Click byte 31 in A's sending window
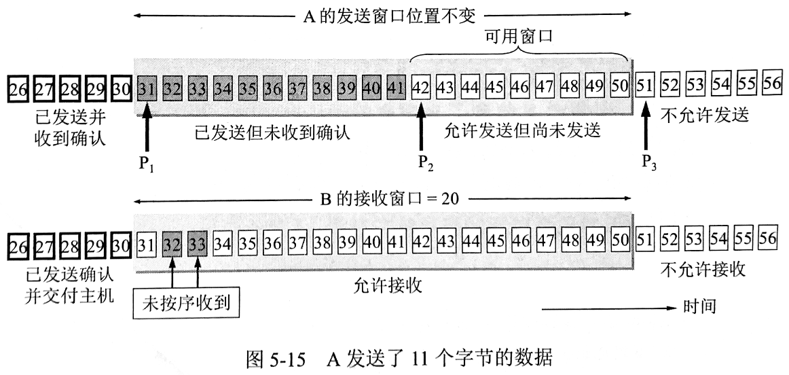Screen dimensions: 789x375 [147, 88]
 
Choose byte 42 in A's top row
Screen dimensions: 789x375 [422, 88]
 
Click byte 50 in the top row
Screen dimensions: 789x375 [621, 88]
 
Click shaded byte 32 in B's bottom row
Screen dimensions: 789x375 [172, 243]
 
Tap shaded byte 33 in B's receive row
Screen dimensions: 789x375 [198, 243]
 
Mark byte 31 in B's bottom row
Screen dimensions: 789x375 [147, 243]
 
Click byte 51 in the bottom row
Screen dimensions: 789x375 [646, 243]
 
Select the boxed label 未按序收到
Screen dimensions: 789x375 [187, 306]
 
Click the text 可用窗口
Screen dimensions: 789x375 [517, 35]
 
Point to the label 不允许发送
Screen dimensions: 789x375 [705, 115]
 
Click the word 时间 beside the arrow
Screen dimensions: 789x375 [700, 307]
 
